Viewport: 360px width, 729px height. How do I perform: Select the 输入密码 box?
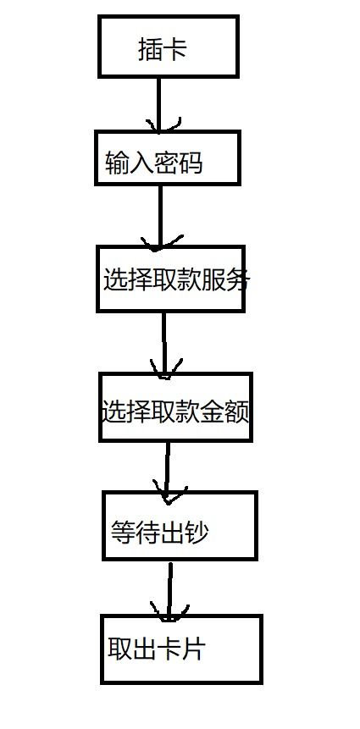click(x=167, y=158)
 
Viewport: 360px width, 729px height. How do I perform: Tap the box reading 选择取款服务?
click(x=170, y=279)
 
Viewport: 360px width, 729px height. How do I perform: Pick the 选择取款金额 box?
click(x=175, y=407)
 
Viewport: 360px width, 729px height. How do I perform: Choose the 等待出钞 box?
click(x=179, y=525)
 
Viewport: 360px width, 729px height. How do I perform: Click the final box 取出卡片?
click(x=181, y=649)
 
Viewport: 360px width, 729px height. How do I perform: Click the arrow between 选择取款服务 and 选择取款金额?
click(x=163, y=342)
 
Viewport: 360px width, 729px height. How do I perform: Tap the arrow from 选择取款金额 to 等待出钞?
click(x=166, y=467)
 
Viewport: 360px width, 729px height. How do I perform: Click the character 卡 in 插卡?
click(x=175, y=50)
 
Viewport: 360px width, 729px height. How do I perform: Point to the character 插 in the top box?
click(x=150, y=50)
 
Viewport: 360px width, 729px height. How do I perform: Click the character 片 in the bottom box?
click(x=193, y=649)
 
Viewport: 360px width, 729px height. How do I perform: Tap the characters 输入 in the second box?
click(x=130, y=163)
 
